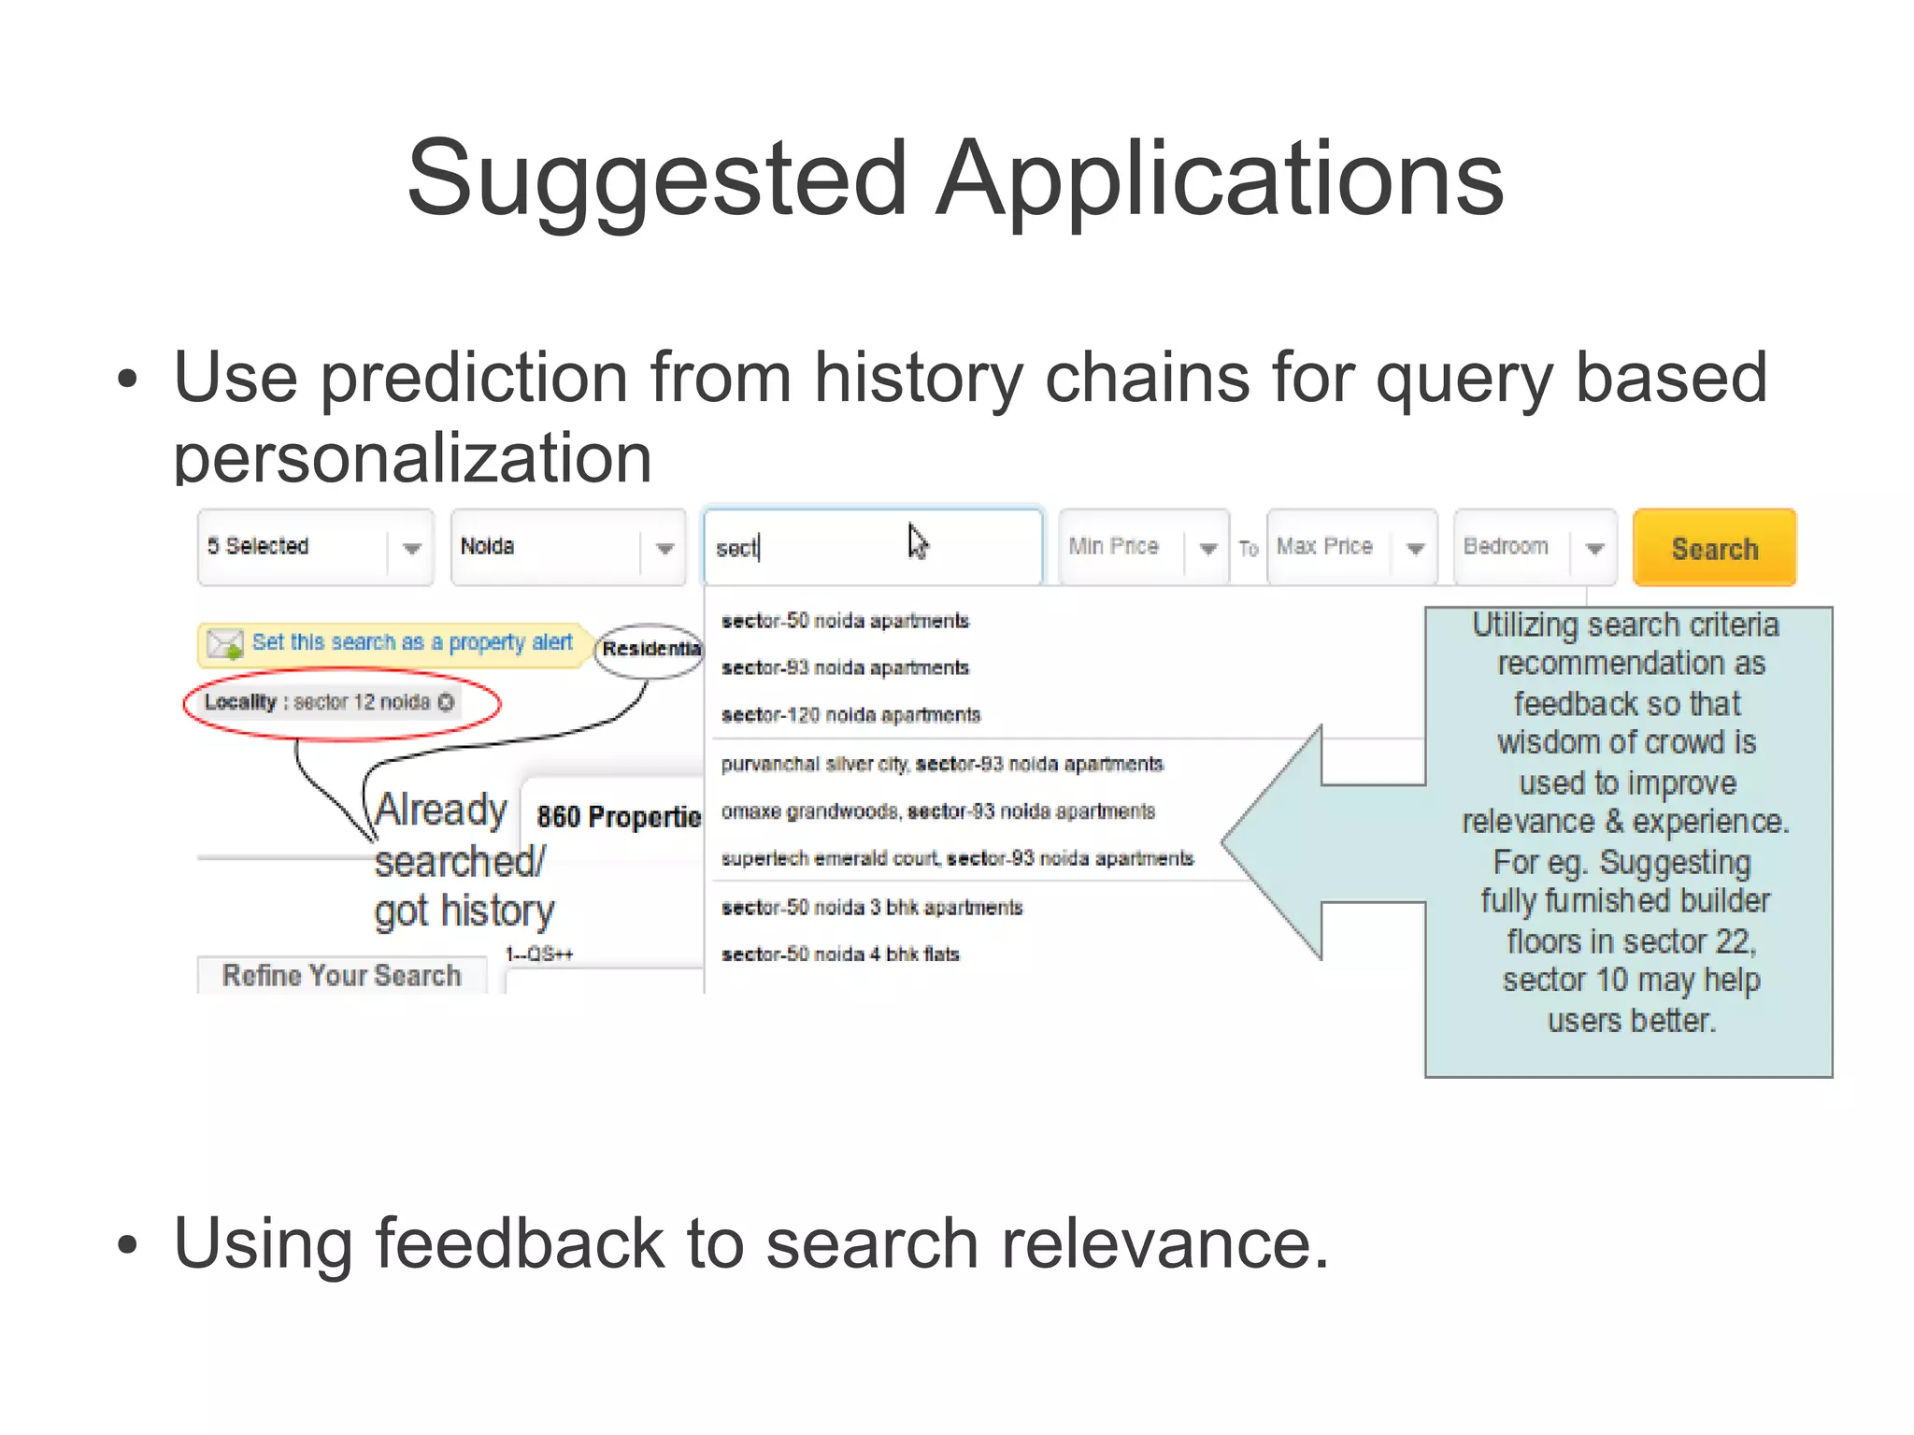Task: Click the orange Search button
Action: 1714,548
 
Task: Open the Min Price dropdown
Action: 1143,547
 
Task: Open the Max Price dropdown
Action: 1351,547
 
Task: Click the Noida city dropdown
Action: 568,547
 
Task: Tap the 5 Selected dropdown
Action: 315,547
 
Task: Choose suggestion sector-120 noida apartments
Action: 850,715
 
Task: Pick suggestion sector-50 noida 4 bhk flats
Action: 840,954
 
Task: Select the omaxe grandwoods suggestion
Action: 937,811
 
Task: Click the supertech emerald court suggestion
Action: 957,858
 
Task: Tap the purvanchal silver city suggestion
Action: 941,764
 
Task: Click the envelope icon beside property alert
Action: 225,644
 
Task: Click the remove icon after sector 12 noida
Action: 446,702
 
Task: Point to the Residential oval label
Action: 650,649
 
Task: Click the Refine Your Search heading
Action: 341,975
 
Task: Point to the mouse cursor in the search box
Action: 917,540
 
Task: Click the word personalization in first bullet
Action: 412,458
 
